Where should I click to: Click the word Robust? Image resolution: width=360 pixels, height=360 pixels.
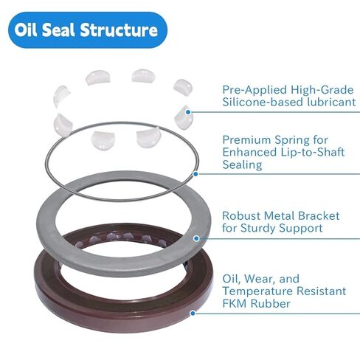tap(243, 215)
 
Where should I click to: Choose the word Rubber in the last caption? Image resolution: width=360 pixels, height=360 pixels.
tap(271, 303)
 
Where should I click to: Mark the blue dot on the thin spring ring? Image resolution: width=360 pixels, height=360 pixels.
tap(195, 174)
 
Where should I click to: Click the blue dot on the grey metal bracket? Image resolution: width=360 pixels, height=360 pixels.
tap(196, 238)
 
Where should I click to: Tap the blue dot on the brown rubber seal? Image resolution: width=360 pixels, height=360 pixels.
tap(193, 313)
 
